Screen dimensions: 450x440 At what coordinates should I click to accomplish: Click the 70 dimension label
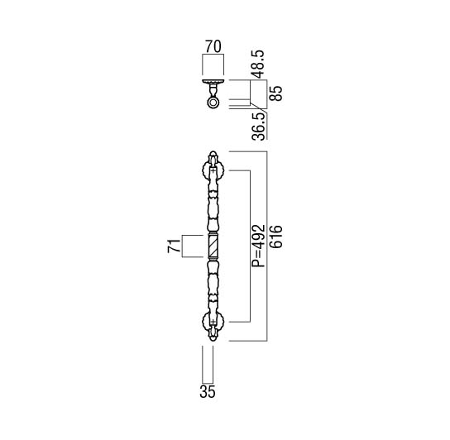pos(213,47)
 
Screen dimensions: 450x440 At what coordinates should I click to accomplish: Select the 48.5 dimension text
pos(258,65)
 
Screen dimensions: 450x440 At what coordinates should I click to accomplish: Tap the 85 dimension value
pos(276,93)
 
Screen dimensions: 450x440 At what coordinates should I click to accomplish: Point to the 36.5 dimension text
pos(258,127)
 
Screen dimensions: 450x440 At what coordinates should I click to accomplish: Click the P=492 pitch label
pos(258,246)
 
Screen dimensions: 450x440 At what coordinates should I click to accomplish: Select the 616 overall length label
pos(276,237)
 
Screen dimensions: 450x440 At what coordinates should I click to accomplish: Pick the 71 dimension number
pos(174,246)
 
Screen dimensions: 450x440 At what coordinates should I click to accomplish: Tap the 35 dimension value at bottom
pos(208,391)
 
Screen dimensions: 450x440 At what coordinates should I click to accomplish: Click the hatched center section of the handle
pos(213,246)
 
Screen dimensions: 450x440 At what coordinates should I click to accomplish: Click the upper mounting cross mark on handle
pos(213,170)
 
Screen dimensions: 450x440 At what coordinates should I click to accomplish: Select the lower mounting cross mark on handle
pos(213,322)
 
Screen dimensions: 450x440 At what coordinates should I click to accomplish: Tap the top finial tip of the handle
pos(213,152)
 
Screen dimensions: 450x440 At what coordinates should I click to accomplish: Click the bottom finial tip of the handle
pos(213,341)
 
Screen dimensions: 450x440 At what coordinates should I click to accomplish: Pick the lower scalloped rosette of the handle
pos(213,322)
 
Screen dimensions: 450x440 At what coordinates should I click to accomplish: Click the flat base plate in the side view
pos(213,81)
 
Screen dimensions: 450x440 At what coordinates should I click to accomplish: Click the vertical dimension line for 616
pos(267,246)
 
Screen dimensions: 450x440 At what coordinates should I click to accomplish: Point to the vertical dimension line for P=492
pos(251,246)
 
